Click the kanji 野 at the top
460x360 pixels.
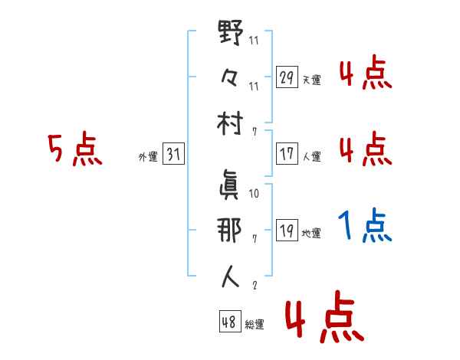point(231,35)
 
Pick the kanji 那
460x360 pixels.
point(231,230)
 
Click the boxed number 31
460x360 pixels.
point(173,154)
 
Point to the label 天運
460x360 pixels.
point(311,80)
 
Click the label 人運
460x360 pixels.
point(311,156)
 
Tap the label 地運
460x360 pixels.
point(311,233)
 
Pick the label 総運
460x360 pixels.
point(254,324)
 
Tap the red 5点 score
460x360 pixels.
point(74,150)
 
